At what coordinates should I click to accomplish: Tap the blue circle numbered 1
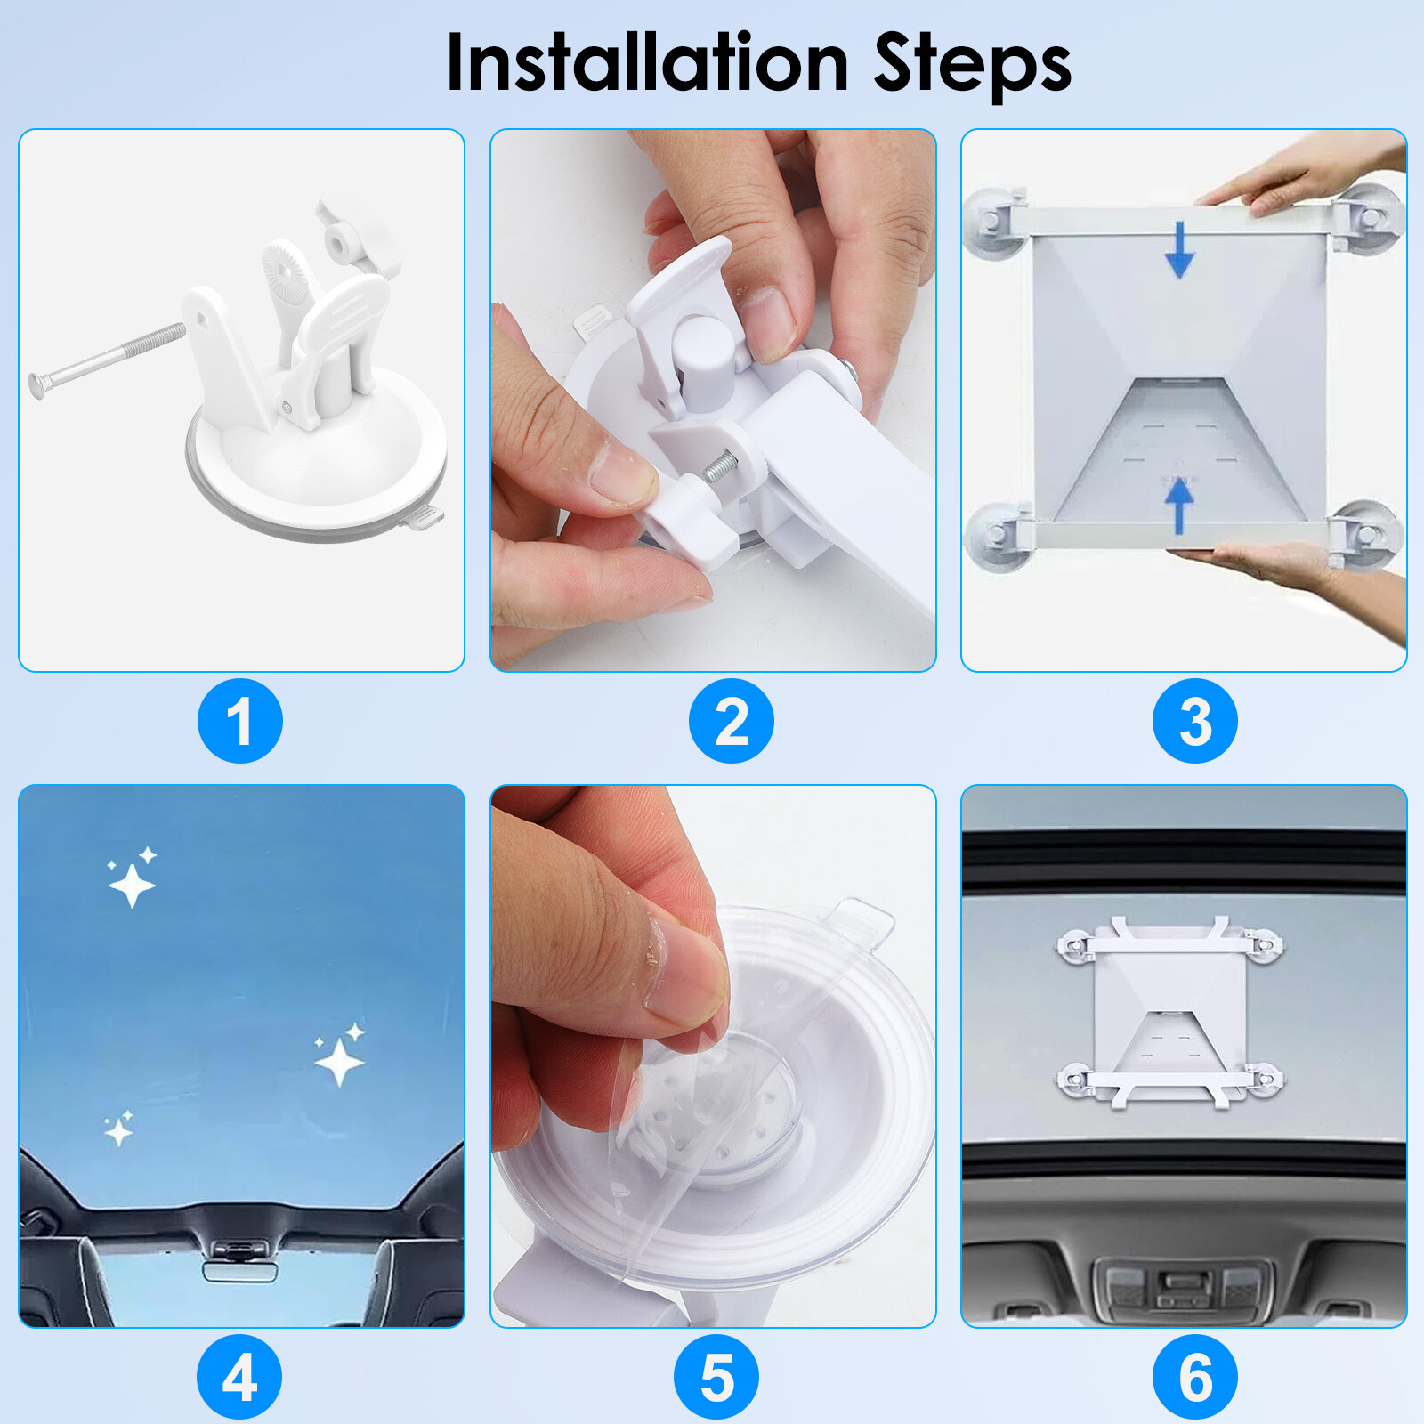(x=240, y=721)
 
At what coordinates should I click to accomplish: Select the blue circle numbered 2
(x=731, y=721)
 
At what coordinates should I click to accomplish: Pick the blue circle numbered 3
(x=1194, y=721)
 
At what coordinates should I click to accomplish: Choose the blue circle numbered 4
(x=239, y=1376)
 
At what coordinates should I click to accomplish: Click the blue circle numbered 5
(x=716, y=1376)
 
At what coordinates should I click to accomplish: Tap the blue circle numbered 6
(x=1194, y=1376)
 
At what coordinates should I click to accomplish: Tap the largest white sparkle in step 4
(x=339, y=1061)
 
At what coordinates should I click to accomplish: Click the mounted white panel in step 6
(x=1169, y=1015)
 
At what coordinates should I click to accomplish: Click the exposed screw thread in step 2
(x=720, y=466)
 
